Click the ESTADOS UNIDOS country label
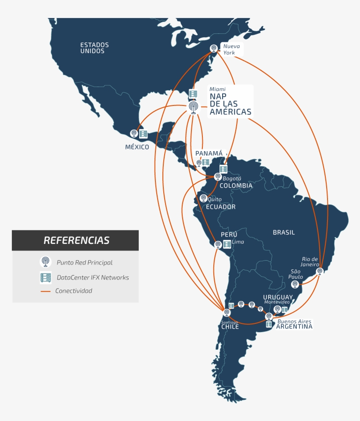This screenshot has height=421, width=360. point(94,48)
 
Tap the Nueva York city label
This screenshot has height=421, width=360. point(229,49)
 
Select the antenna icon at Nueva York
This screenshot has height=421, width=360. point(213,48)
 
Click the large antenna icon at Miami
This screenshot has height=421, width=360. point(193,107)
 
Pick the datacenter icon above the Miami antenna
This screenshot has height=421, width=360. point(193,94)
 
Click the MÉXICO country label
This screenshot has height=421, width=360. point(137,147)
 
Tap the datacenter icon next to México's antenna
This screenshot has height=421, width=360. point(143,134)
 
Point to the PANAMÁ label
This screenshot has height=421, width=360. point(209,153)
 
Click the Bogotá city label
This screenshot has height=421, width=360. point(232,178)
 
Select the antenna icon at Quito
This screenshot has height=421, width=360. point(203,198)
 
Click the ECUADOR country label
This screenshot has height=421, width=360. point(221,207)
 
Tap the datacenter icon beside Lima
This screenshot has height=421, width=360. point(227,244)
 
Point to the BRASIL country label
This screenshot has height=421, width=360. point(284,232)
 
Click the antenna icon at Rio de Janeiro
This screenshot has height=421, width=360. point(320,271)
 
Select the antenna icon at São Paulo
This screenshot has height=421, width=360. point(295,284)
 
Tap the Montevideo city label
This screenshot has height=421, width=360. point(277,302)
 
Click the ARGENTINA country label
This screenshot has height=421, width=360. point(294,327)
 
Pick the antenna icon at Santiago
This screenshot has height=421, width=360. point(227,312)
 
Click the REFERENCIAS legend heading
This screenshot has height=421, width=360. point(76,240)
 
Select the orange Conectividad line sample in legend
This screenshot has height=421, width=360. point(46,291)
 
